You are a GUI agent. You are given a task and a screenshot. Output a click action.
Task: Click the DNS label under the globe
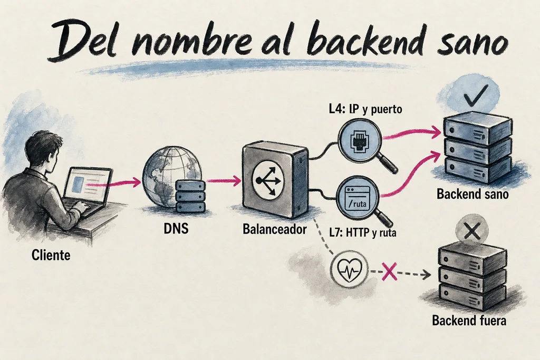[x=176, y=228]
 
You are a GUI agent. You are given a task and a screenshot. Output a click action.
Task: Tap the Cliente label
[x=51, y=255]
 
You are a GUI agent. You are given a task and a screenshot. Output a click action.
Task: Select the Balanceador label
[x=274, y=229]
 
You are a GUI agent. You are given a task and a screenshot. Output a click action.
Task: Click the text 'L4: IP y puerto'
[x=365, y=110]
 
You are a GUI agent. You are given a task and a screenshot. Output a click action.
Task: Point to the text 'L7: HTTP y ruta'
[x=363, y=232]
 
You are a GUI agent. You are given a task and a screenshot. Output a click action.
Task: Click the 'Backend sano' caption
[x=472, y=194]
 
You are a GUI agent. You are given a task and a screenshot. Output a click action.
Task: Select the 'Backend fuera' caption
[x=469, y=320]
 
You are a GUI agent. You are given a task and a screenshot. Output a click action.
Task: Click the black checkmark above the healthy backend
[x=476, y=94]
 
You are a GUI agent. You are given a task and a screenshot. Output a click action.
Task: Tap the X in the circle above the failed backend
[x=472, y=230]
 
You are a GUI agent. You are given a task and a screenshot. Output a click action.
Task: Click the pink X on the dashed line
[x=389, y=271]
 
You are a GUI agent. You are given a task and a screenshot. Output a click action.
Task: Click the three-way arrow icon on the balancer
[x=268, y=180]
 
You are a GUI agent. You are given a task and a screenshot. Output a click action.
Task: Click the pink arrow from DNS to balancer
[x=223, y=180]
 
